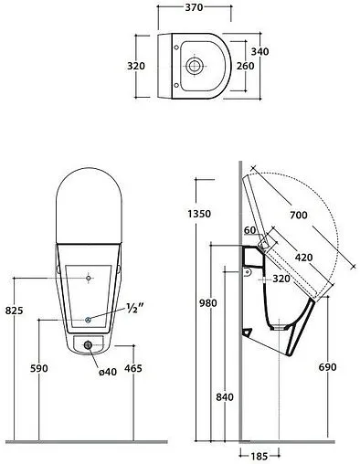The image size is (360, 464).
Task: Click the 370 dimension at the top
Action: point(194,7)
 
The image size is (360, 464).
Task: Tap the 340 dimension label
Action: point(259,51)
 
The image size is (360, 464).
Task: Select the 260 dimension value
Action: point(245,66)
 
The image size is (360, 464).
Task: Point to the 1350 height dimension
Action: point(199,214)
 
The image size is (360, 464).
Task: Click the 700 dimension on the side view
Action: point(299,216)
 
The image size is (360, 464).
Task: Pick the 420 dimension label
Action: point(303,258)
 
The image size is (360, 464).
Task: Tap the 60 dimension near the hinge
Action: point(249,230)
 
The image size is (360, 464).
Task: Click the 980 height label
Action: point(208,303)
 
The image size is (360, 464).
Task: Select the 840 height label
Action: point(225,397)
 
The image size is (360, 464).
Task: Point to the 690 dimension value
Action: point(328,367)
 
